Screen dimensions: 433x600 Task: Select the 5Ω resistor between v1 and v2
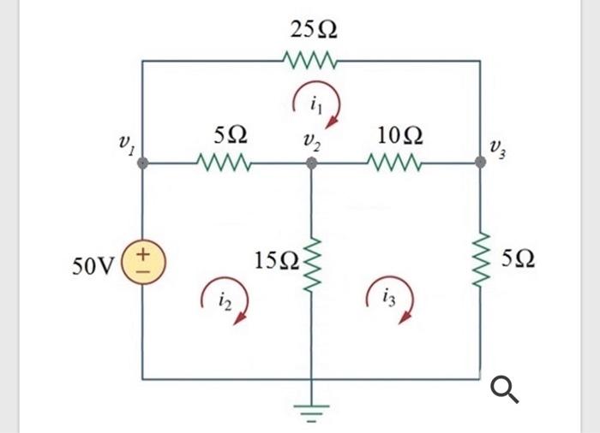[x=225, y=162]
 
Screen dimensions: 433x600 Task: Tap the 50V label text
[x=91, y=266]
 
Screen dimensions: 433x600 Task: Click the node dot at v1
[x=142, y=162]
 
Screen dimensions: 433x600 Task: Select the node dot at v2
[x=311, y=162]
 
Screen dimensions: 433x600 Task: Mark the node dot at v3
[x=481, y=162]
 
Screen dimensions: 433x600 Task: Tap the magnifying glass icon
[x=505, y=392]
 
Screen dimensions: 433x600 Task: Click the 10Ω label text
[x=399, y=135]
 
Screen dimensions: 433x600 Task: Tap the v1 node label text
[x=126, y=148]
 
